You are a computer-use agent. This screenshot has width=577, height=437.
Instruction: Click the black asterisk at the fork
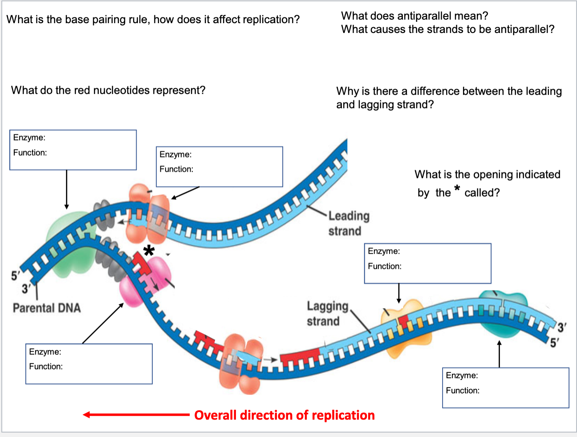coord(149,251)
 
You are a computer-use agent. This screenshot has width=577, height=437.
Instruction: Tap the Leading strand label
coord(349,223)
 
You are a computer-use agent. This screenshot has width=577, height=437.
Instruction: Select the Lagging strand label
coord(327,313)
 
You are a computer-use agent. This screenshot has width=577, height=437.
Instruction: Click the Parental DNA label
coord(47,308)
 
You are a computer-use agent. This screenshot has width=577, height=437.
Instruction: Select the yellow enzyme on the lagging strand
coord(401,327)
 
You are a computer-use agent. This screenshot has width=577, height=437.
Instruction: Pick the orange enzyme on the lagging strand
coord(240,363)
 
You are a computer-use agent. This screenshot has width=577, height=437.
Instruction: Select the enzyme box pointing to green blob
coord(73,150)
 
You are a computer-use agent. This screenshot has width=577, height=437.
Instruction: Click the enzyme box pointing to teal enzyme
coord(505,388)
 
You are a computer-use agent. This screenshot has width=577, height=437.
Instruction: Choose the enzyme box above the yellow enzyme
coord(427,263)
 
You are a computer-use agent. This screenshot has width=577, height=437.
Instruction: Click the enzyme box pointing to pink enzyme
coord(89,364)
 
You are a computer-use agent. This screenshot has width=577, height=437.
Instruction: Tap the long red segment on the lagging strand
coord(300,356)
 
